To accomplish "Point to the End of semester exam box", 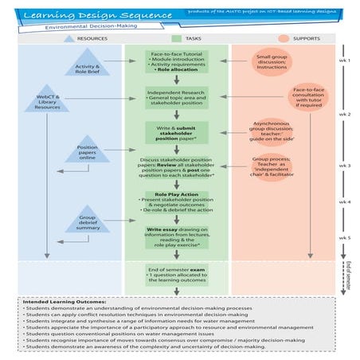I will coord(178,277).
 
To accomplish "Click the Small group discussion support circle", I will coord(272,63).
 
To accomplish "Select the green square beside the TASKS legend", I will coord(178,37).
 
